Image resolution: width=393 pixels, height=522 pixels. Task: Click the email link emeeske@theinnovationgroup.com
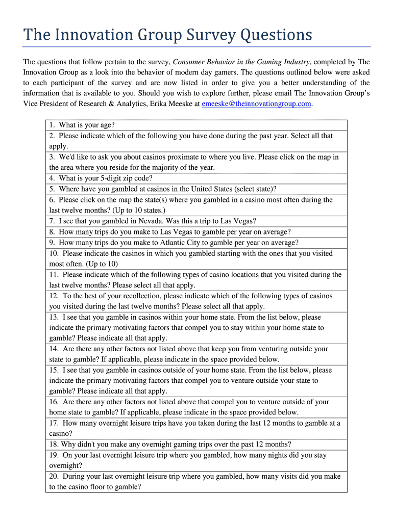(x=256, y=103)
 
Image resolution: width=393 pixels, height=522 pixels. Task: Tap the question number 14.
(x=54, y=349)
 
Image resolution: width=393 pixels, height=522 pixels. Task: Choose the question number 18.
(x=54, y=445)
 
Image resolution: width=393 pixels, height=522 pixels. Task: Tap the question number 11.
(x=54, y=275)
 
